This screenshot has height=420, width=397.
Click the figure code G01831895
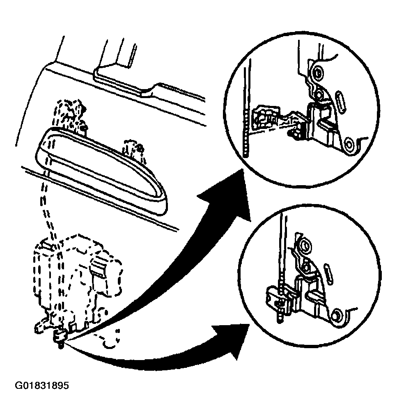coord(42,386)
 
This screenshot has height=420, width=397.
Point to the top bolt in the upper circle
coord(318,72)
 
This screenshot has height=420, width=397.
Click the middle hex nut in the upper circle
coord(319,94)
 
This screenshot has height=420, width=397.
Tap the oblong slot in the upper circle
coord(341,102)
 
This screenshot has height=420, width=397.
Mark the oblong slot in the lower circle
coord(328,274)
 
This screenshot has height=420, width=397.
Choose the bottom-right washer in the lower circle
coord(336,316)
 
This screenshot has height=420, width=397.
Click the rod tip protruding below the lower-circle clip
coord(280,317)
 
